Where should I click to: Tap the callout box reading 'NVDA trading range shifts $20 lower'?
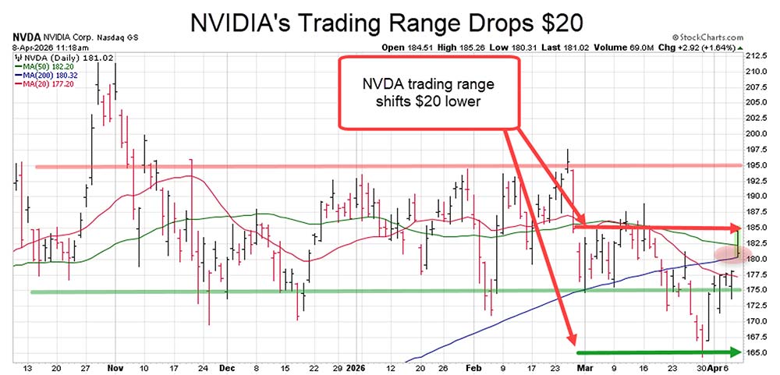click(x=428, y=92)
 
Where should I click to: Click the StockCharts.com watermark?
click(x=713, y=37)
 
